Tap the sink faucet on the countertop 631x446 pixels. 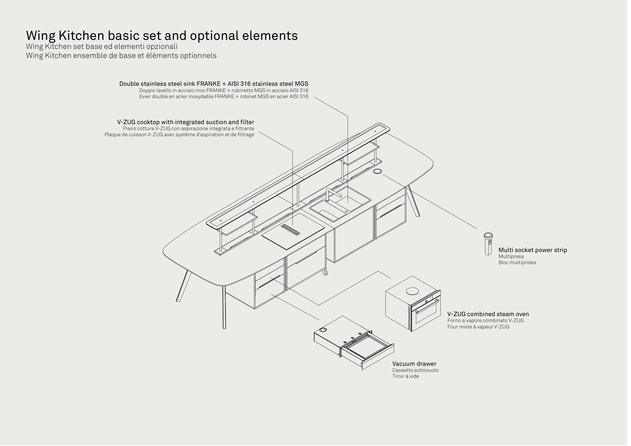click(330, 194)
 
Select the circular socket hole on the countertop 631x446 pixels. click(380, 172)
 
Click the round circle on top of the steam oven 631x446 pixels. click(415, 292)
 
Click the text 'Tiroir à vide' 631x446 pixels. click(408, 378)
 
